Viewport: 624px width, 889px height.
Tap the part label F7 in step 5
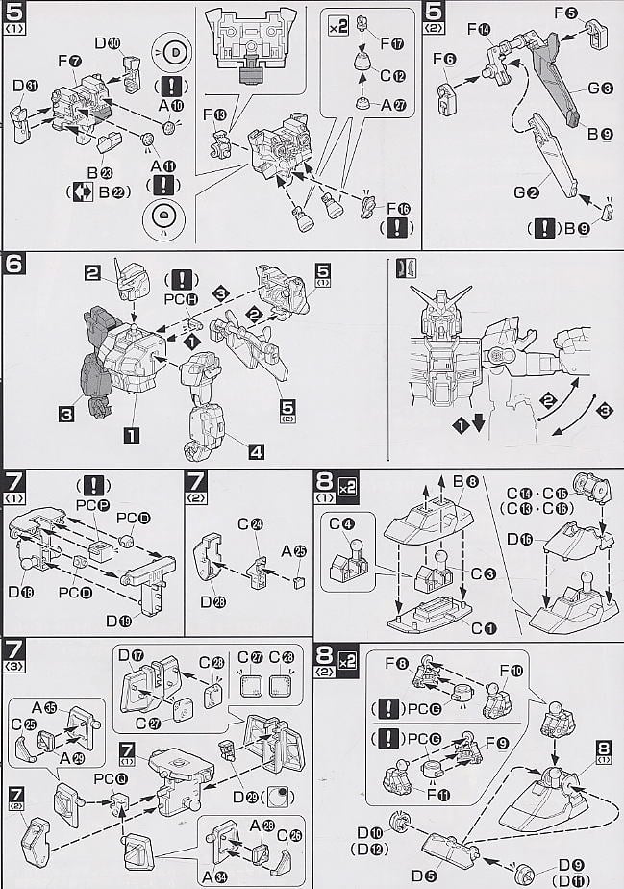[x=67, y=62]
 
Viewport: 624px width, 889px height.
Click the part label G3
[x=601, y=89]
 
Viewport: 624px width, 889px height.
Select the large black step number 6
[x=15, y=262]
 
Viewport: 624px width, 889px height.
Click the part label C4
[x=336, y=524]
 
